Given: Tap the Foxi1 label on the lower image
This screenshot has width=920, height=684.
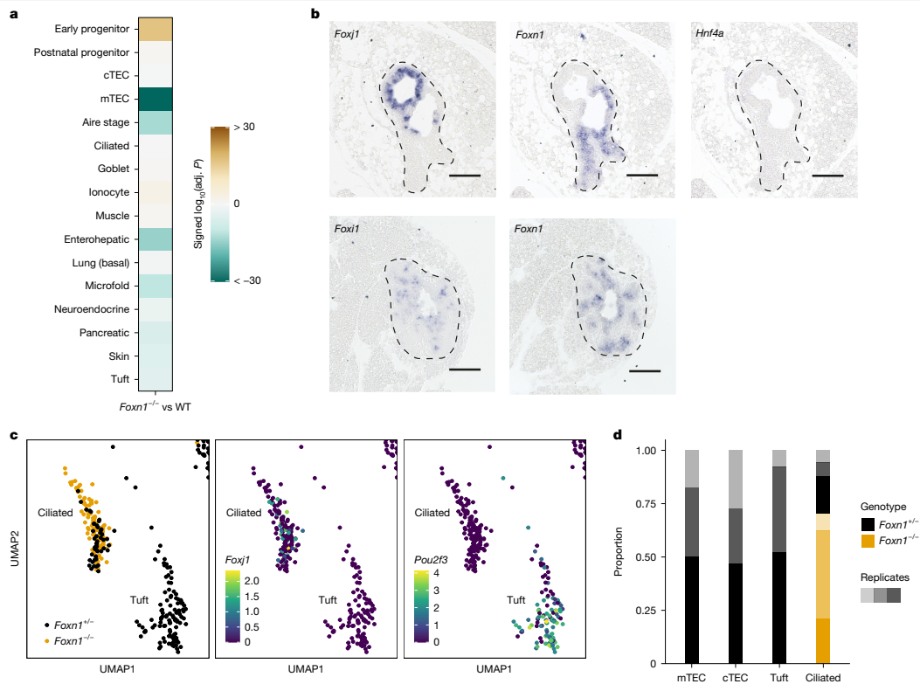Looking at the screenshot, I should coord(348,230).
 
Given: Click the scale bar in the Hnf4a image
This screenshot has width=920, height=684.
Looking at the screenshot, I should coord(827,175).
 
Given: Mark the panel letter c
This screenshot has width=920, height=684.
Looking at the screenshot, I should coord(12,434).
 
